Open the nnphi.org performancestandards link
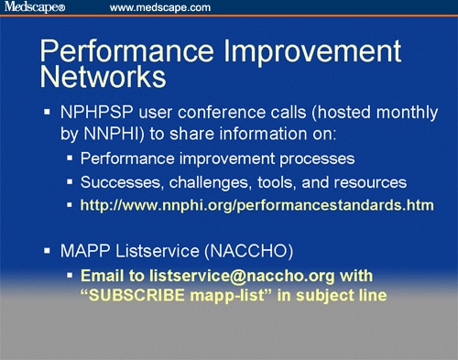256,202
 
